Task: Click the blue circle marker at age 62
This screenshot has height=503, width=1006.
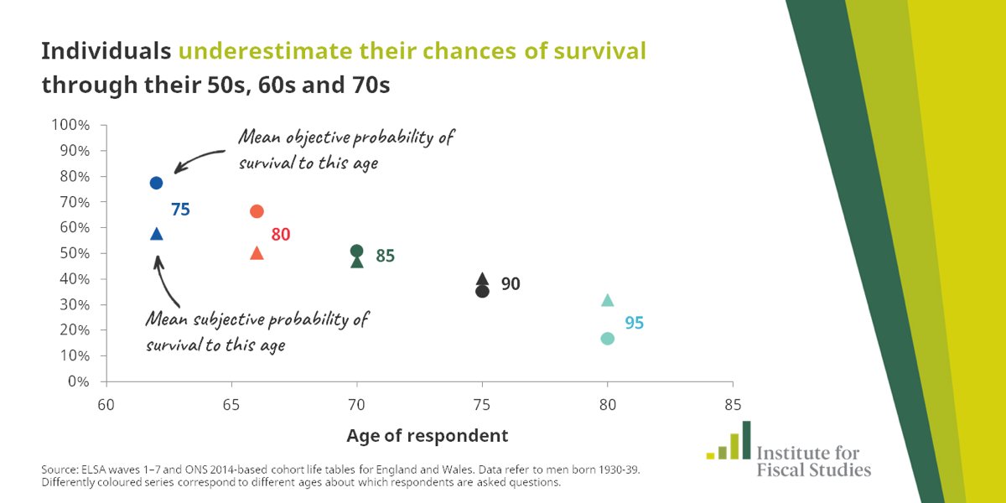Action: (x=156, y=183)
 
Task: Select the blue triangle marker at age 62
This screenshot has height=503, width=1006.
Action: (x=156, y=234)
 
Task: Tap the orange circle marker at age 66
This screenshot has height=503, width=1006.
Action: (x=257, y=211)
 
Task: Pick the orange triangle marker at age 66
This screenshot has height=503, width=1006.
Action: (x=257, y=253)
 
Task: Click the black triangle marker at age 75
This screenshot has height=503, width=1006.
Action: (x=482, y=279)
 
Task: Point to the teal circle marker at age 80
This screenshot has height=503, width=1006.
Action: (x=608, y=338)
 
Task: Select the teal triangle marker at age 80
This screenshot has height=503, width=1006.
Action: (x=608, y=300)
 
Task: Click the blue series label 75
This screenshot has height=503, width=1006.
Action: (x=180, y=210)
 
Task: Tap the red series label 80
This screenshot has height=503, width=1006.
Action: (x=280, y=235)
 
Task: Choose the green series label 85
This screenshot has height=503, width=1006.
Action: (x=385, y=257)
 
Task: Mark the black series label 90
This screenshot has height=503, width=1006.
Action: (x=511, y=284)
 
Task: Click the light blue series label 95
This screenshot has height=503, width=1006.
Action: (x=634, y=323)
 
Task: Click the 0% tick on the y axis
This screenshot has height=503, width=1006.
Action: (x=77, y=381)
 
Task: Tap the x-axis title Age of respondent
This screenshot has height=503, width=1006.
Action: (x=427, y=436)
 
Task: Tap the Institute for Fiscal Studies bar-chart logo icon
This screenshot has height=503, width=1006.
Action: (x=728, y=442)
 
